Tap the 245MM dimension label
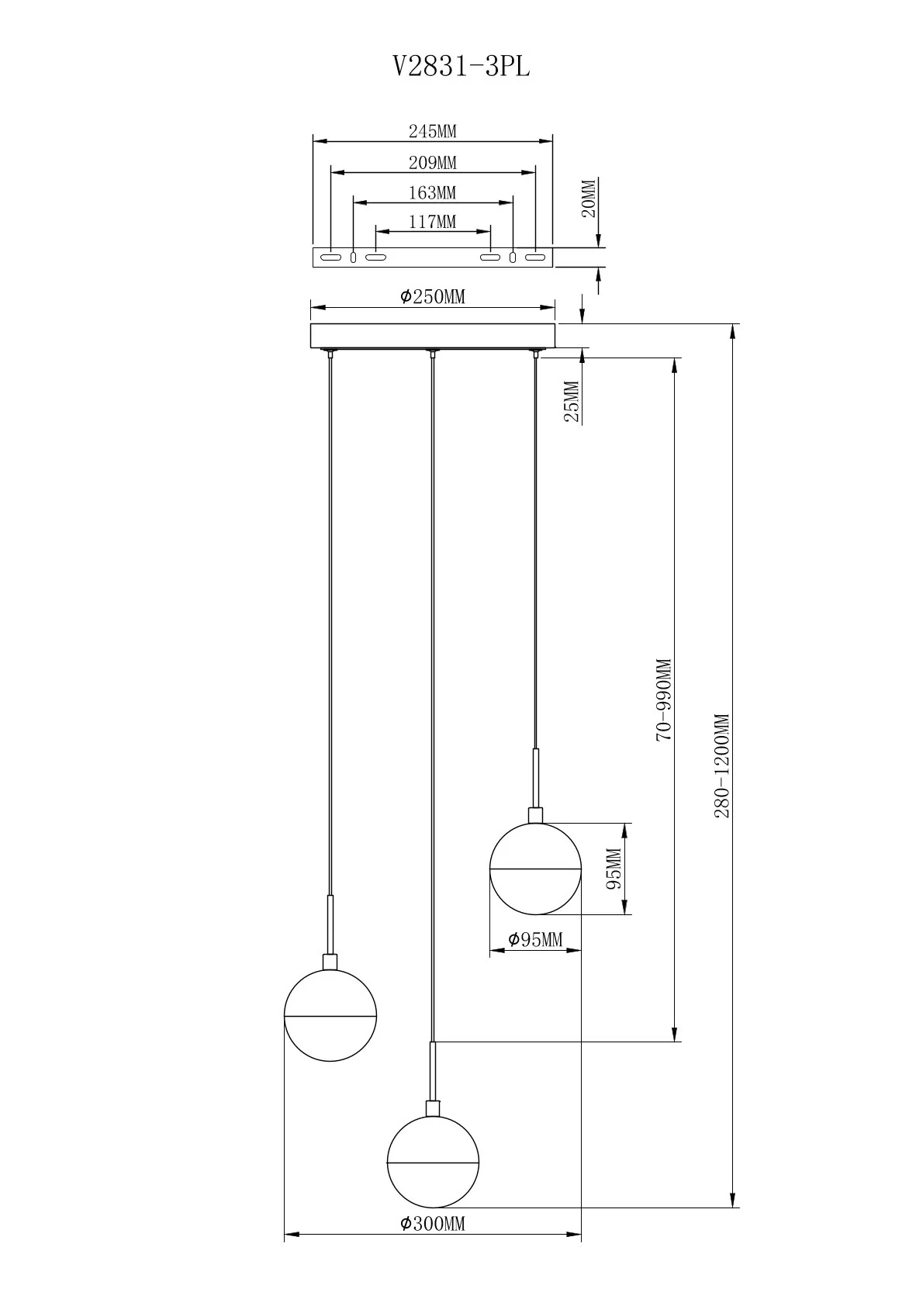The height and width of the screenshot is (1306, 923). point(432,131)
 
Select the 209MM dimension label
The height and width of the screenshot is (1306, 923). point(432,163)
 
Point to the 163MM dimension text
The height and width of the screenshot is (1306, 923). point(432,192)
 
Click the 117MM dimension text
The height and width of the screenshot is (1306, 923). point(432,222)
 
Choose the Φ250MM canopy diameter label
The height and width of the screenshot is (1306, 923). point(432,296)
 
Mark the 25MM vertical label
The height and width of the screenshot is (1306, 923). point(572,401)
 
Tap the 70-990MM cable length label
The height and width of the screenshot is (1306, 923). point(664,700)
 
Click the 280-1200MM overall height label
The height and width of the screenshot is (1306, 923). point(723,765)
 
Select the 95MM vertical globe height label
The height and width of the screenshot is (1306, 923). point(614,868)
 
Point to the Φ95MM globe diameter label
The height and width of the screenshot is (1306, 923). point(534,940)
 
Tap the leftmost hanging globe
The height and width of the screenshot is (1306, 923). point(330,1015)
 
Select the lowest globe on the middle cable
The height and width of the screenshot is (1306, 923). point(433,1162)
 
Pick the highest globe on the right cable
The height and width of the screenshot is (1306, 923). point(535,868)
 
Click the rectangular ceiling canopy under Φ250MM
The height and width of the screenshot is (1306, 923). point(432,336)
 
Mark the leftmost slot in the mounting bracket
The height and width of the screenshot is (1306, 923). point(331,257)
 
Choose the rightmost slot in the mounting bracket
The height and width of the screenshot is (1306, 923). point(535,257)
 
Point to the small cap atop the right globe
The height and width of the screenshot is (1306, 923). point(535,815)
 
